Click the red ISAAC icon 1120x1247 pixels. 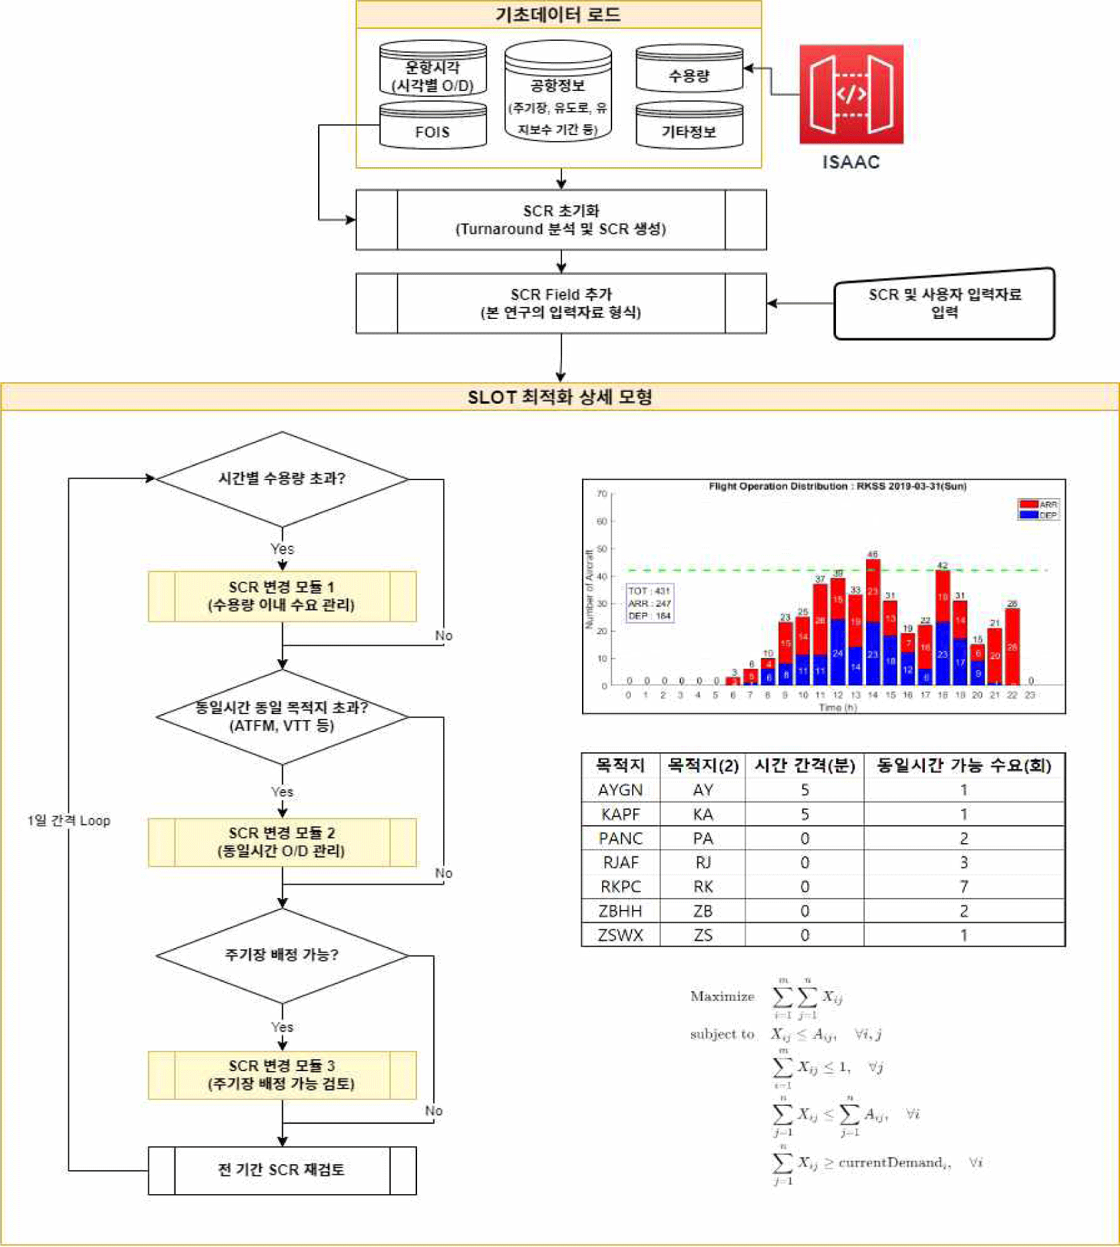pos(851,94)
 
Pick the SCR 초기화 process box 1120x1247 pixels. pos(561,220)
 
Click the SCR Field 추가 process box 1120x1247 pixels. pos(561,304)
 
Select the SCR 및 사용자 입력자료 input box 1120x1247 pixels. pos(944,304)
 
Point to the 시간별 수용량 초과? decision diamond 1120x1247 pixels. pos(282,479)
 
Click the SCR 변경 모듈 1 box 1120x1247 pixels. pos(282,596)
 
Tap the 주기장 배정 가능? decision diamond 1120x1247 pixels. pos(282,955)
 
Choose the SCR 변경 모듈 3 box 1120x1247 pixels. pos(282,1075)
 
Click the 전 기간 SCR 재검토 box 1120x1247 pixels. pos(282,1170)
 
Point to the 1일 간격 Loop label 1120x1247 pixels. pos(69,821)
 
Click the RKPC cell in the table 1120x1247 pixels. pos(620,887)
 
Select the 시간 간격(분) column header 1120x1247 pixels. pos(805,766)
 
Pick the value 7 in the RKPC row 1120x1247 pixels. pos(964,887)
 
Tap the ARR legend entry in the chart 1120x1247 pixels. pos(1039,505)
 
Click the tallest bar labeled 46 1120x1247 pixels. pos(873,622)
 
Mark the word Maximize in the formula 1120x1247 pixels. pos(722,997)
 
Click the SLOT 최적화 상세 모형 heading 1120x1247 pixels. pos(560,397)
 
